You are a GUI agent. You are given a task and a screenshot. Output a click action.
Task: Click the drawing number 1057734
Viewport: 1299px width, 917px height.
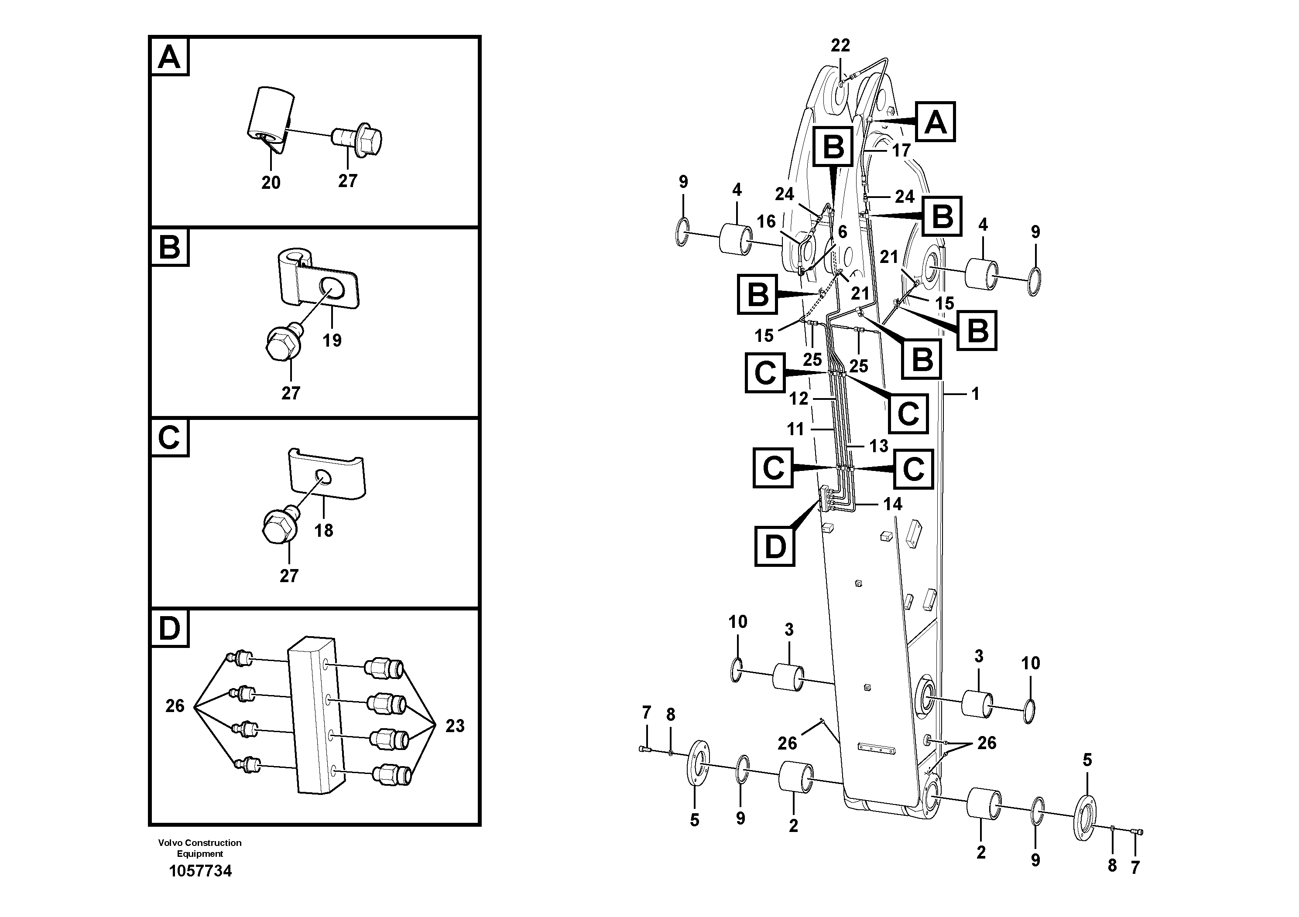tap(200, 871)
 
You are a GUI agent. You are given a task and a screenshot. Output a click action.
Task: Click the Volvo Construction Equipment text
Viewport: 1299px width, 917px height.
tap(200, 848)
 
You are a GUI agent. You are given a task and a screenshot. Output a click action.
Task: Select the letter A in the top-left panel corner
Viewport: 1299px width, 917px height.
tap(169, 57)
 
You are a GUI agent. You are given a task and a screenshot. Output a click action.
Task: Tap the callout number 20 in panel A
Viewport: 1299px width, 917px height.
tap(271, 183)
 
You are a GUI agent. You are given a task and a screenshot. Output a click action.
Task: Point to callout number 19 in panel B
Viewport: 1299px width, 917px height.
tap(332, 341)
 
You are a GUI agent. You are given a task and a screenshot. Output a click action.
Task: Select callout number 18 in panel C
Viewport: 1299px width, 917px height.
tap(324, 530)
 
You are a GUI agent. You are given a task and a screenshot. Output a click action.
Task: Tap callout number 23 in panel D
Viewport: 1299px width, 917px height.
tap(454, 726)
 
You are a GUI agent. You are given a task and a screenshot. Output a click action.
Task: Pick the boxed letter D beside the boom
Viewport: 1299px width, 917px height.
tap(775, 547)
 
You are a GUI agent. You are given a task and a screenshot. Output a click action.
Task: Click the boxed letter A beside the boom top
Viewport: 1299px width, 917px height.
tap(935, 122)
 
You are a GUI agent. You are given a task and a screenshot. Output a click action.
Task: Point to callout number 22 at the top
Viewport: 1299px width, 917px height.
tap(840, 45)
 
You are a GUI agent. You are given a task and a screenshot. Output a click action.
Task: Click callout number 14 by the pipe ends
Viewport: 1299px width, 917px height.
tap(893, 504)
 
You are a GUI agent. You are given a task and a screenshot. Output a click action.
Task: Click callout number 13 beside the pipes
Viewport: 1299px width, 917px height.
tap(879, 446)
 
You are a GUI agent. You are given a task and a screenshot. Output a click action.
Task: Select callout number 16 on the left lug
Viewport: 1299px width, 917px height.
tap(766, 222)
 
